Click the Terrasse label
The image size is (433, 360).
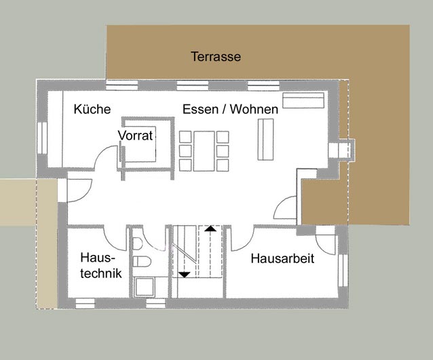[x=216, y=56]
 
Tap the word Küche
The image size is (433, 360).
[x=92, y=109]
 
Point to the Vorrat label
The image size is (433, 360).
[x=135, y=136]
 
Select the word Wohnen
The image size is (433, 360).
[x=254, y=109]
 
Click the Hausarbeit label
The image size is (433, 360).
[x=282, y=258]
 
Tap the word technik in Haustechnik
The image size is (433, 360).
[x=101, y=273]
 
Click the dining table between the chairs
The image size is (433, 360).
[x=204, y=151]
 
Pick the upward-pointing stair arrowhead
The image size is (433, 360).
[x=210, y=228]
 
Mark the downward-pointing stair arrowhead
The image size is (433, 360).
[x=184, y=275]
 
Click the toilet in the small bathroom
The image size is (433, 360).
[x=142, y=262]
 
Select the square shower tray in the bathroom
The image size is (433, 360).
[x=145, y=287]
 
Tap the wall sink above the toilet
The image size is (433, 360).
[x=137, y=243]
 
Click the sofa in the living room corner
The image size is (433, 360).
[x=303, y=100]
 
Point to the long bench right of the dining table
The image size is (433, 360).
[x=265, y=139]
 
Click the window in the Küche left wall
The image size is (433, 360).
[x=42, y=138]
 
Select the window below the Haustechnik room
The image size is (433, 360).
[x=86, y=303]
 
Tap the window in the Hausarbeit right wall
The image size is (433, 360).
[x=343, y=271]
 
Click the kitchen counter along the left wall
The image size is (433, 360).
[x=55, y=129]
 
